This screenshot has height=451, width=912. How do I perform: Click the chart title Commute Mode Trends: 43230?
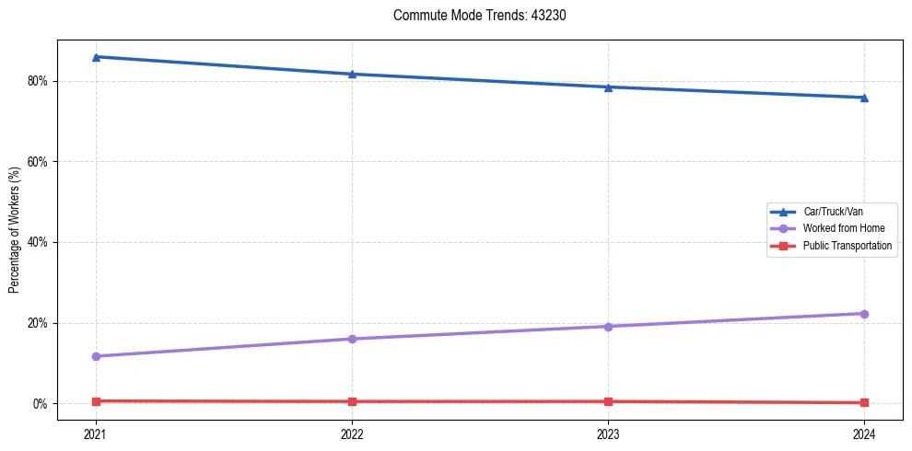click(473, 16)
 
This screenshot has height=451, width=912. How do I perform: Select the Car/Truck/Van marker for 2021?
click(96, 57)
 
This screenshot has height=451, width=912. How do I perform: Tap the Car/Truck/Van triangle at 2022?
click(352, 74)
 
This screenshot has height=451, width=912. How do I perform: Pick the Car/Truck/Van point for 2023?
click(608, 87)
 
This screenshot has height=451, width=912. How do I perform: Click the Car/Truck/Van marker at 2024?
click(864, 98)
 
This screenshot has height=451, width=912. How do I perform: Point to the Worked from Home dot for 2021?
click(96, 356)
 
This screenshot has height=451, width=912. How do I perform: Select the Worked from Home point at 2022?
click(352, 339)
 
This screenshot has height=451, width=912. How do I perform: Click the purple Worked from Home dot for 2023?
click(608, 327)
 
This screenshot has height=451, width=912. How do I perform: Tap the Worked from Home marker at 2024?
click(864, 314)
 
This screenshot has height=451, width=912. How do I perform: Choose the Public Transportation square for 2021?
click(96, 401)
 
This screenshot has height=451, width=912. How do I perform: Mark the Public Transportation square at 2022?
click(352, 401)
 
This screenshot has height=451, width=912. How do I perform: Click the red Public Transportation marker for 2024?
click(864, 402)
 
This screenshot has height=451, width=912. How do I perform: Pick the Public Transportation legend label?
click(847, 246)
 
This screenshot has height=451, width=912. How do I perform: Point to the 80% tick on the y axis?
click(38, 81)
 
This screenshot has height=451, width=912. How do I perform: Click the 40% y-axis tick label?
click(38, 242)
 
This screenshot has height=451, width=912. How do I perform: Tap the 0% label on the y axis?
click(41, 404)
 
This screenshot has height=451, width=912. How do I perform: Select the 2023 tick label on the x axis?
click(608, 433)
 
